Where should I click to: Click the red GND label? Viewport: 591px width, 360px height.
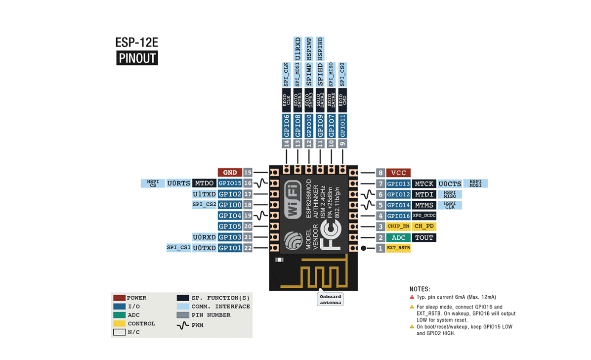(230, 173)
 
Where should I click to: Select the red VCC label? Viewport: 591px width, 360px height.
(398, 173)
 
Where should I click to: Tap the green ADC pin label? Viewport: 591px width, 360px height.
(398, 237)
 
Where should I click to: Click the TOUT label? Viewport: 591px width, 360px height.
(424, 237)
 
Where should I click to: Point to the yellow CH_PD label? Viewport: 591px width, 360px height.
(424, 226)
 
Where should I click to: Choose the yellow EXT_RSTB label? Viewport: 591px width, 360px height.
(398, 248)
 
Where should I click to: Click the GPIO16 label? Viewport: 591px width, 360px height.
(398, 216)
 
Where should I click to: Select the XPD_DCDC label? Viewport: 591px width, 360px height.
(424, 216)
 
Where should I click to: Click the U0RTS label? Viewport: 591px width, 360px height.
(178, 183)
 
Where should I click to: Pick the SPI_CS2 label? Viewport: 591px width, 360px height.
(204, 205)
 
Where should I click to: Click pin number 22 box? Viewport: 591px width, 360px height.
(248, 248)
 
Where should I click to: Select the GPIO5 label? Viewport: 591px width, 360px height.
(230, 226)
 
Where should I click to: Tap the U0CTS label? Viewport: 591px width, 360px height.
(450, 183)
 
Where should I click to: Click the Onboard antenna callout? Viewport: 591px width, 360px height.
(331, 299)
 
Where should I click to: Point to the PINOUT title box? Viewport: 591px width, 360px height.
(137, 58)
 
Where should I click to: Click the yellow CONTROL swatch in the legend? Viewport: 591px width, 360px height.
(119, 323)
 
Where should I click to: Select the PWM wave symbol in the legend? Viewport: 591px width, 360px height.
(183, 325)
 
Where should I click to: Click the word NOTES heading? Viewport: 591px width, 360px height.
(420, 289)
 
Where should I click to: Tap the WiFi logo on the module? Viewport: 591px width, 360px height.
(292, 201)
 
